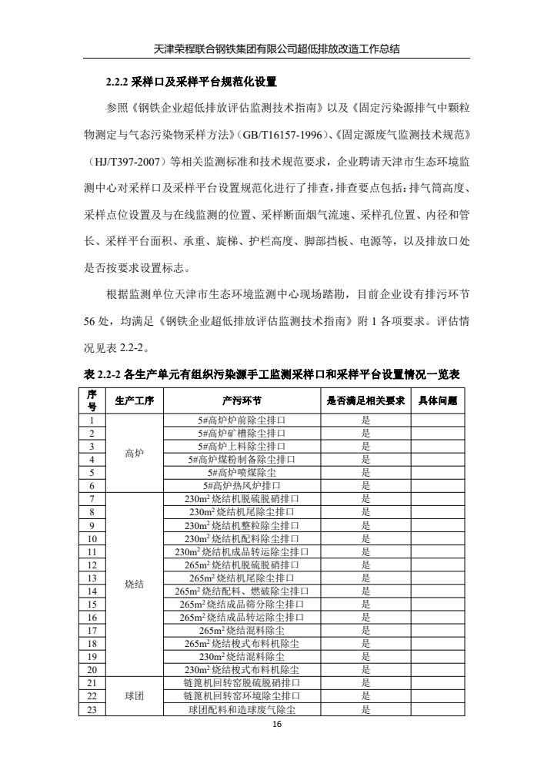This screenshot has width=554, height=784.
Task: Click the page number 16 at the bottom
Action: pyautogui.click(x=276, y=725)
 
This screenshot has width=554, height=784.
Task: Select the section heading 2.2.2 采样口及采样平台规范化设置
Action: pyautogui.click(x=191, y=81)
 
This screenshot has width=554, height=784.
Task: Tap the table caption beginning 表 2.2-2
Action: pyautogui.click(x=272, y=374)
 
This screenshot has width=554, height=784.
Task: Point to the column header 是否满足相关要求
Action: pyautogui.click(x=366, y=400)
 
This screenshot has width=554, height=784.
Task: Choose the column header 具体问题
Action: pyautogui.click(x=437, y=400)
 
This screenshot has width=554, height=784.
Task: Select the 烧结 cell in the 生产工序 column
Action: pyautogui.click(x=134, y=584)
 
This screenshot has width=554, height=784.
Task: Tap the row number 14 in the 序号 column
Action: pyautogui.click(x=92, y=591)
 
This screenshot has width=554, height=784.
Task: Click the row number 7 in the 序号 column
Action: pyautogui.click(x=92, y=499)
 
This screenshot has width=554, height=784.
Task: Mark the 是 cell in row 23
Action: pyautogui.click(x=366, y=709)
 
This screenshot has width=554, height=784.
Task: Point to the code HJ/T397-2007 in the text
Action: pyautogui.click(x=132, y=162)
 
